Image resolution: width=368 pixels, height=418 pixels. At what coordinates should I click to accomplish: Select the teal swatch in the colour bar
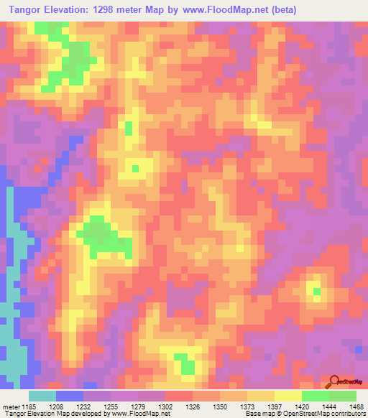pos(42,396)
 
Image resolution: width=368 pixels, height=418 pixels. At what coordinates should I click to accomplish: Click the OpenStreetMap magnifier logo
pos(335,381)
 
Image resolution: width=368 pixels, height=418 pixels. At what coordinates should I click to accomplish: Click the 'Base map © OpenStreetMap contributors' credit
pos(305,413)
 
